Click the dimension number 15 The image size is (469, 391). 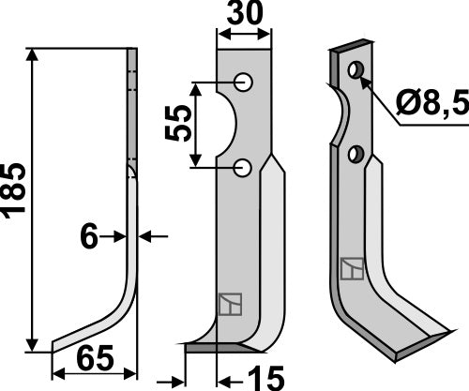click(x=265, y=379)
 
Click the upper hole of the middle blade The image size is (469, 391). click(x=244, y=83)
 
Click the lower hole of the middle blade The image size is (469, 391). click(x=243, y=168)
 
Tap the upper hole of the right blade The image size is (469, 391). click(x=355, y=70)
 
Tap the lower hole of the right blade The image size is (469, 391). click(x=356, y=153)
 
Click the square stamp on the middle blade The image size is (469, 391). click(x=230, y=306)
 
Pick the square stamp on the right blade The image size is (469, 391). click(x=353, y=269)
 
